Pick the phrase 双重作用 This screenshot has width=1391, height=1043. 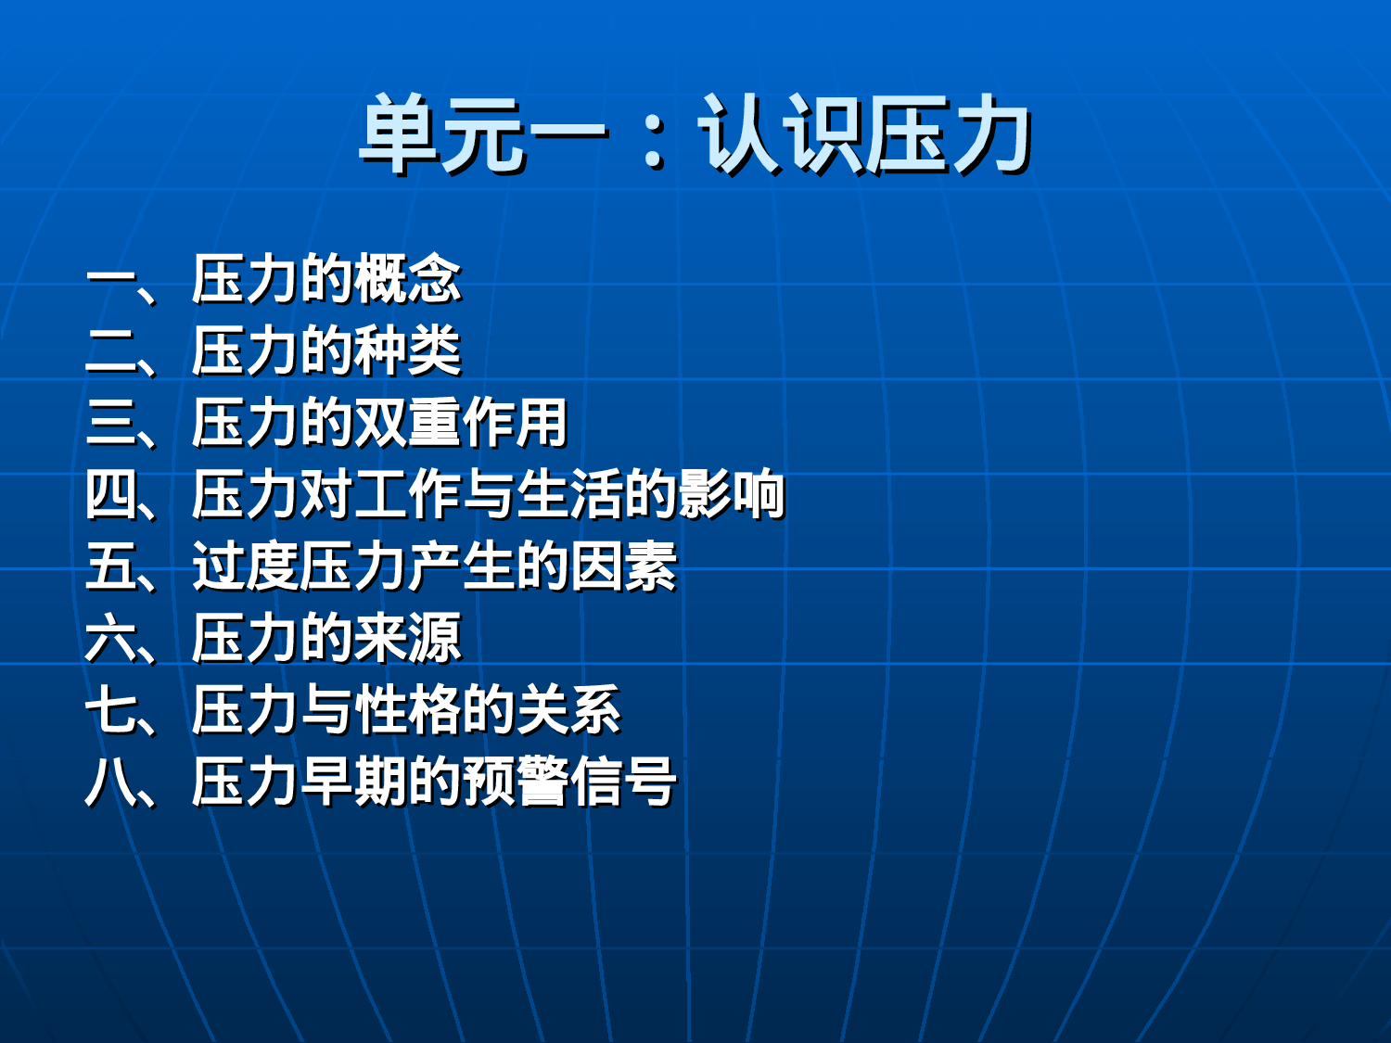461,423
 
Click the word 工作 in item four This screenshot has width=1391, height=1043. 407,494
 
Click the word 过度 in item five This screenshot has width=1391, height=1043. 245,566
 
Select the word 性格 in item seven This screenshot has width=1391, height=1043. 407,710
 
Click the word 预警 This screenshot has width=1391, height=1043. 515,782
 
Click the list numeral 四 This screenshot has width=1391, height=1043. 110,494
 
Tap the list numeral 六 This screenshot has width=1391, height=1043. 110,638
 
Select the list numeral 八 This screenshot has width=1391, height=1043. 110,782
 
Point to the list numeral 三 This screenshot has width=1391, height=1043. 110,423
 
